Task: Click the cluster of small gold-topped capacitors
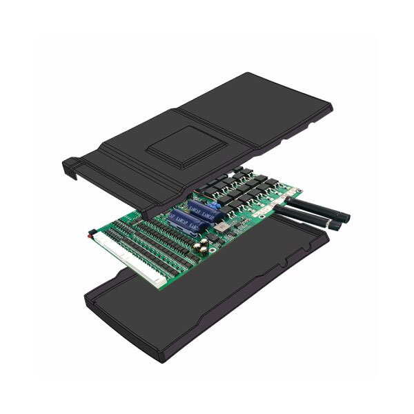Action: (x=201, y=246)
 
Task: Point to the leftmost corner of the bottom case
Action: (x=84, y=297)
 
